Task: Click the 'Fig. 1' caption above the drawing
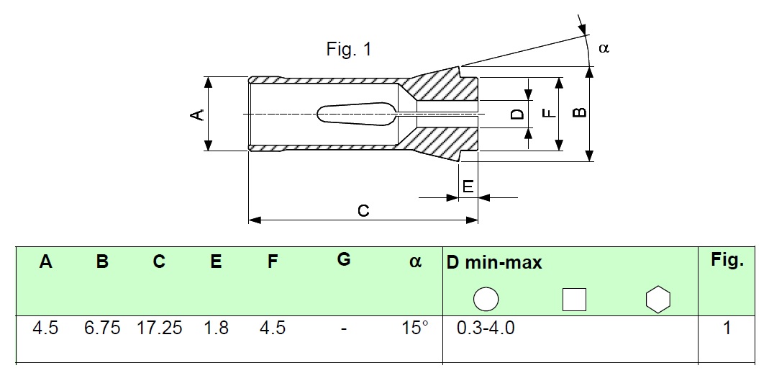[349, 49]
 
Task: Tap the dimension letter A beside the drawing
[196, 115]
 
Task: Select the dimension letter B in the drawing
[580, 112]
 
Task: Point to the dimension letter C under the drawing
[363, 210]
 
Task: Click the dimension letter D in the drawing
[517, 115]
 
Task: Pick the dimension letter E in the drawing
[468, 187]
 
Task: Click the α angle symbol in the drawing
[604, 48]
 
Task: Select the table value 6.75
[102, 328]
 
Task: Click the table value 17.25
[160, 328]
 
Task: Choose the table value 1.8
[217, 328]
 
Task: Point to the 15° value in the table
[415, 328]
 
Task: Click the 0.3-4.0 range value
[486, 328]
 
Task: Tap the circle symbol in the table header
[486, 299]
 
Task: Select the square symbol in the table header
[574, 300]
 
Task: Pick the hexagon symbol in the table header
[658, 299]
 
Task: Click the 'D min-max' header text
[494, 263]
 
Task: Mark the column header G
[345, 259]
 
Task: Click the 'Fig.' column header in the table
[727, 261]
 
